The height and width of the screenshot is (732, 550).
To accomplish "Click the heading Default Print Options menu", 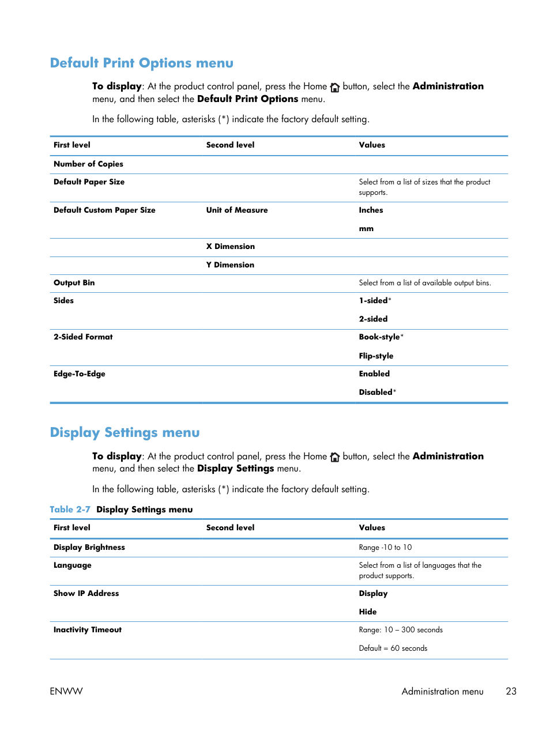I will (141, 63).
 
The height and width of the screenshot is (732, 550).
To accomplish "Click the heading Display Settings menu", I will (125, 432).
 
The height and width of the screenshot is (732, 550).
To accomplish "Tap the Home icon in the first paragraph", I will (334, 87).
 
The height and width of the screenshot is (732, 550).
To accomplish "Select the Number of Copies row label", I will (88, 164).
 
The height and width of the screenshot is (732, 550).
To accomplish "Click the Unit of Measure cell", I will (236, 210).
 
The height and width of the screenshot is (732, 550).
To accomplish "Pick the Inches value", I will (371, 210).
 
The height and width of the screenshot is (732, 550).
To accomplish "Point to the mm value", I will (366, 229).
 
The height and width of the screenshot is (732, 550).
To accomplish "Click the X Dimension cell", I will (230, 246).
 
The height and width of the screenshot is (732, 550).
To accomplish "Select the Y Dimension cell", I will (230, 265).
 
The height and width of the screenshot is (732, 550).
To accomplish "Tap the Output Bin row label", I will (74, 282).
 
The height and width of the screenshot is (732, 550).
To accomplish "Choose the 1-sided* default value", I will (375, 300).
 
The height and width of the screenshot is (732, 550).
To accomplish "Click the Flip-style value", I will (376, 356).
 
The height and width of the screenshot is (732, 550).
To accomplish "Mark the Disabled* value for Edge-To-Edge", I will (377, 392).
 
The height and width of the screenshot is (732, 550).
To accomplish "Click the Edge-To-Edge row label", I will (79, 373).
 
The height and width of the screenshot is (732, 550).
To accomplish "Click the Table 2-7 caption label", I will (70, 510).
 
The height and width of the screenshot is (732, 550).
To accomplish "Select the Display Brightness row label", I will (89, 547).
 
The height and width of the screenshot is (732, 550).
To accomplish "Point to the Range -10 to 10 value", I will (385, 547).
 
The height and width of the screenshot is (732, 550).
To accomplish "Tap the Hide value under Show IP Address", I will (367, 612).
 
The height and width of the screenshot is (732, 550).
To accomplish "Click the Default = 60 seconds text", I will (393, 648).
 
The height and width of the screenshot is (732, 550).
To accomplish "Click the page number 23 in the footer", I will (511, 691).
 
